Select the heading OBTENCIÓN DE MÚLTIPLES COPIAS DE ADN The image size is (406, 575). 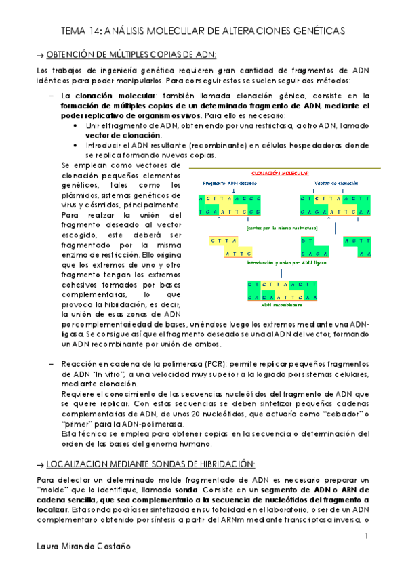pos(130,54)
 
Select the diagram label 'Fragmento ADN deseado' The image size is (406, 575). pos(228,183)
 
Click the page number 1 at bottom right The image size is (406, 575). pos(366,537)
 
